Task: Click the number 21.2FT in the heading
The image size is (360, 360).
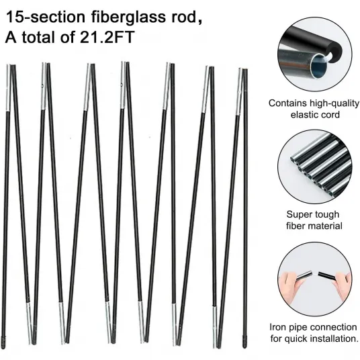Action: point(107,37)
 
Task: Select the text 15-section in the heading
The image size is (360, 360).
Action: point(46,17)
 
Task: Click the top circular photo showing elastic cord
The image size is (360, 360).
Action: point(314,54)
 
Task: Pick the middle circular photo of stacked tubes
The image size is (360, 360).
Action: point(314,167)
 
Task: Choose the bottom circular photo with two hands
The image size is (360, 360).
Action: point(314,279)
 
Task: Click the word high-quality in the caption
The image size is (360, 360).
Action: point(334,103)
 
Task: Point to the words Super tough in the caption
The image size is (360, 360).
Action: point(313,215)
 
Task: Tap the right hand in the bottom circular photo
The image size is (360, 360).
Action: point(343,285)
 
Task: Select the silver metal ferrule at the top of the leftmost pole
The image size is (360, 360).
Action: point(8,88)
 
